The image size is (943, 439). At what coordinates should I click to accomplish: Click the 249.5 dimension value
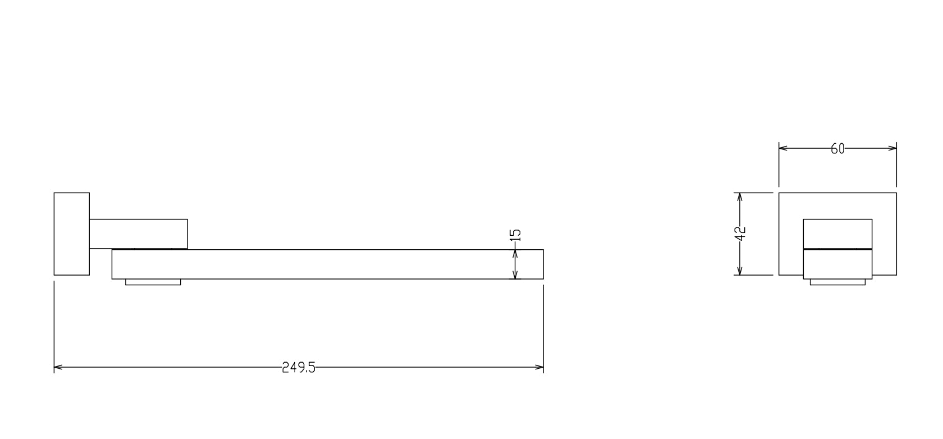point(299,368)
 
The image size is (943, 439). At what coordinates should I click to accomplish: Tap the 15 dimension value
point(516,235)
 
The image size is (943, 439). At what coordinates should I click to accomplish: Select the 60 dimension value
point(837,149)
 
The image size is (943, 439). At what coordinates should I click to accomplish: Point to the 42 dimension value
point(740,233)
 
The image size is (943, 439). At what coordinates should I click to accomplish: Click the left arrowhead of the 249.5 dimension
point(58,368)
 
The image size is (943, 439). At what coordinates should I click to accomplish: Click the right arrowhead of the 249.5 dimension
point(539,368)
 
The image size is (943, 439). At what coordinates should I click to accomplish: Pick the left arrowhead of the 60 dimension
point(783,148)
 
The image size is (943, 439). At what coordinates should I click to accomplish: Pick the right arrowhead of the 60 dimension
point(892,148)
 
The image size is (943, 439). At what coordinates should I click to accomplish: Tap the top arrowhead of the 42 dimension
point(740,197)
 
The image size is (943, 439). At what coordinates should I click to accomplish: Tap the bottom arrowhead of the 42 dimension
point(740,271)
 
